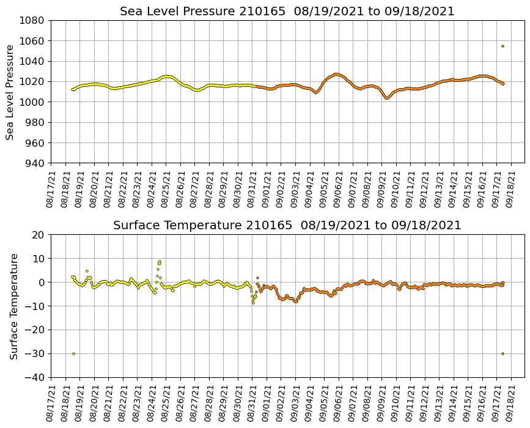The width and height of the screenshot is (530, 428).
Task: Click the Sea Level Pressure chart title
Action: point(287,12)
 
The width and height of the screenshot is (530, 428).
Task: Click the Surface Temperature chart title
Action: point(287,226)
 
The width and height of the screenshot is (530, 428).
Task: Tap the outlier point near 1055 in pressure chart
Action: point(502,46)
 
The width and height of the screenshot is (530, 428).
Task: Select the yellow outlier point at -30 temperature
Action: point(73,353)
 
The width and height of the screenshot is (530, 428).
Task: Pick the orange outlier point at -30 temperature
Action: point(502,353)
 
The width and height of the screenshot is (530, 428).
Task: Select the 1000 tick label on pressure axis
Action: point(32,102)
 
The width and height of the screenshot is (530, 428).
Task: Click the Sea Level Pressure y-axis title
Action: point(10,92)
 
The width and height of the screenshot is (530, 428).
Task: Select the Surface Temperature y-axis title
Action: point(13,306)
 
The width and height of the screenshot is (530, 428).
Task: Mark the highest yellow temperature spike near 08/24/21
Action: point(160,261)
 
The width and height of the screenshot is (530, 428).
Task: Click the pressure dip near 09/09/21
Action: point(386,98)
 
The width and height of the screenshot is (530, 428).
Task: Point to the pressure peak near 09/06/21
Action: point(336,74)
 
